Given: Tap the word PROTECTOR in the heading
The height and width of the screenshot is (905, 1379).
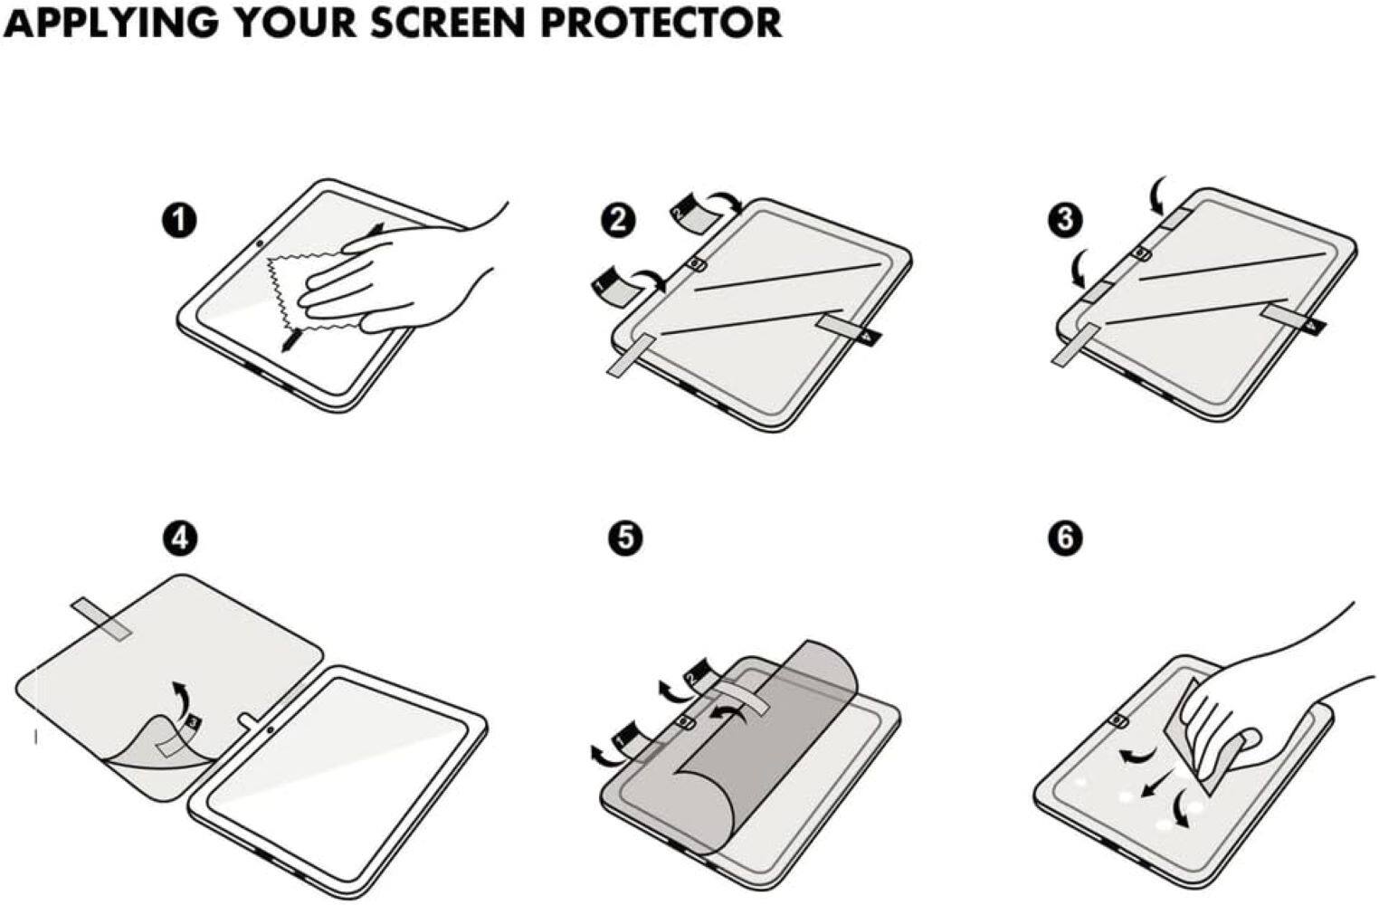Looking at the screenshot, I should pos(661,22).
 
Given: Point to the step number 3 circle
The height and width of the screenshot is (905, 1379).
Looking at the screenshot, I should pos(1065,220).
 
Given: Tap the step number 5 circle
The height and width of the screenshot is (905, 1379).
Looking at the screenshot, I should pos(625,538).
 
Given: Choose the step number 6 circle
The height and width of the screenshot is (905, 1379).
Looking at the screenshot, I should pos(1065,538).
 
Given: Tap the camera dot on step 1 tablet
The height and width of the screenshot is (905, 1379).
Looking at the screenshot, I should pos(260,243).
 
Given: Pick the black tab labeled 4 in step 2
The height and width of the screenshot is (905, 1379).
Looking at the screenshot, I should pos(870,335).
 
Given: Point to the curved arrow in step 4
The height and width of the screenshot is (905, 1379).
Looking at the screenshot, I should pos(182,697).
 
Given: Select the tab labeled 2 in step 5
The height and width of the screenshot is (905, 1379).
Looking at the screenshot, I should pos(702,675).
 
